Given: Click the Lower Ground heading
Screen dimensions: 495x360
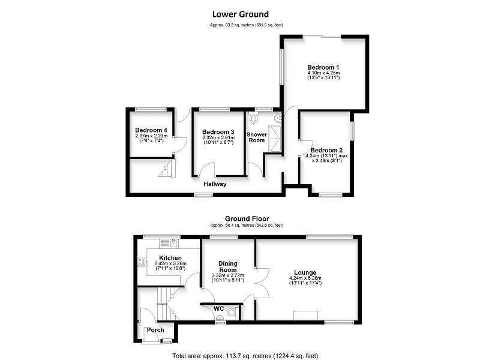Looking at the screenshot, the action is pos(240,14).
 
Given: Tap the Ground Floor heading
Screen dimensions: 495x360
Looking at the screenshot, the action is pos(247,218).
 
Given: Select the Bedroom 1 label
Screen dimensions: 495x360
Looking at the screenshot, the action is pos(323,67).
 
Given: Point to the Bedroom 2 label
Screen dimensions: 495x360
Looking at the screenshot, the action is pos(326,151).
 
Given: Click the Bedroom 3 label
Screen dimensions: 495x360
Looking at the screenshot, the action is pos(218,132).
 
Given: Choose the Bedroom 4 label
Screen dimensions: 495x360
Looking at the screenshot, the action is pos(151,130).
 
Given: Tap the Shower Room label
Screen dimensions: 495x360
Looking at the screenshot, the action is pos(257,137).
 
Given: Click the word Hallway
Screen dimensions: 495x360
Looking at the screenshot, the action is pos(215,184).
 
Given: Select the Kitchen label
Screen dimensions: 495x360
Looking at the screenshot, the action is pos(170,258).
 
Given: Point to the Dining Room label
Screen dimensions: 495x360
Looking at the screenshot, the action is pos(228,266).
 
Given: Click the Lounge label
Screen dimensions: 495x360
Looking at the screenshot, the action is pos(305,272).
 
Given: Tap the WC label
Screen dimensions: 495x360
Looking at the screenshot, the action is pos(219,308).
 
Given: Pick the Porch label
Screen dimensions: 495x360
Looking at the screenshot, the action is pos(155,330).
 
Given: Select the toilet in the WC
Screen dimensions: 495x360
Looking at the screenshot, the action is pos(233,313).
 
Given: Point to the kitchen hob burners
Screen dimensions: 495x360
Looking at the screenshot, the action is pos(142,262).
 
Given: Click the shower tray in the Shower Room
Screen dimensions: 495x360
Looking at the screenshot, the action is pos(274,139).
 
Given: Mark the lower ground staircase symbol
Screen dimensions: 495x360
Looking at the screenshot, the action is pos(167,169).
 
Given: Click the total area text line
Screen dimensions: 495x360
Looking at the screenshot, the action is pos(245,356).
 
